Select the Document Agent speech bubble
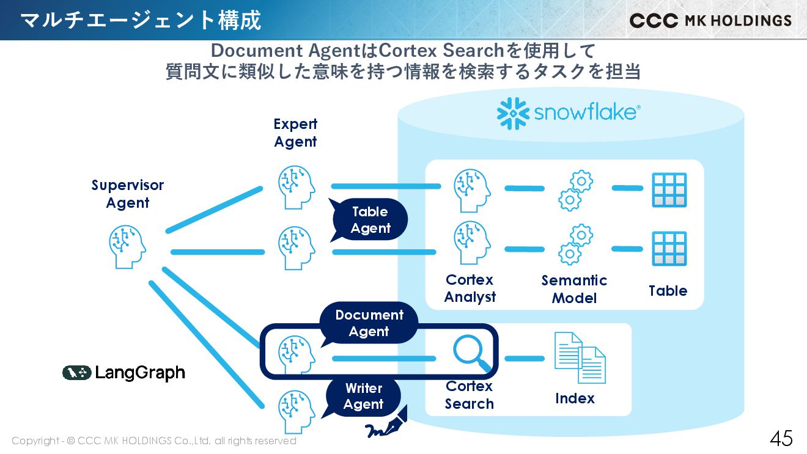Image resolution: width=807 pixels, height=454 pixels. (x=369, y=323)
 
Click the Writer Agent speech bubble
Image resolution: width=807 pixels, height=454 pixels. (x=364, y=397)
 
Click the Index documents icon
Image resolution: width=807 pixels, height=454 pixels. (x=580, y=358)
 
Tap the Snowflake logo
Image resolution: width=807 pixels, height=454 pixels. (x=569, y=113)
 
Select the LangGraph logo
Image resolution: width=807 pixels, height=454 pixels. (x=123, y=373)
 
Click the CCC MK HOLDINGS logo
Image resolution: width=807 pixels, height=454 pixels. (x=710, y=21)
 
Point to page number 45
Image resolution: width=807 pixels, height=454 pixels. (x=781, y=438)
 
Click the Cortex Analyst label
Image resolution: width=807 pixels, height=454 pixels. (x=470, y=288)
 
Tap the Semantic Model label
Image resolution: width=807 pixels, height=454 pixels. (x=574, y=289)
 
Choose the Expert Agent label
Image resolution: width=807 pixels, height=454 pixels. (x=295, y=133)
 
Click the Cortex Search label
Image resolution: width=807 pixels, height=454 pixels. (x=469, y=395)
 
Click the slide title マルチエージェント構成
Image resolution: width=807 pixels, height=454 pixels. (x=141, y=20)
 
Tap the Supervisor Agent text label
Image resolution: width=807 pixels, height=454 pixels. (x=128, y=194)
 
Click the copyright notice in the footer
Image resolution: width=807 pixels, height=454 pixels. (x=154, y=441)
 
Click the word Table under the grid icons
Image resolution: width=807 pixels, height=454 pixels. (x=668, y=291)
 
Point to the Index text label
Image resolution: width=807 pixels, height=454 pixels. (x=575, y=398)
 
